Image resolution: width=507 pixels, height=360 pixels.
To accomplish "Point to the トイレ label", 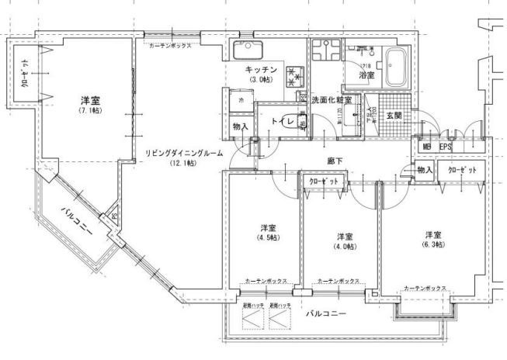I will point(280,121).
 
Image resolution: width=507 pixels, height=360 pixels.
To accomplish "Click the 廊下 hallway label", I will point(335,161).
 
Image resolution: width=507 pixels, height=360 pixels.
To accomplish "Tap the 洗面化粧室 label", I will point(332,101).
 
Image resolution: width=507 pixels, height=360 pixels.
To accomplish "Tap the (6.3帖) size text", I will point(433,246).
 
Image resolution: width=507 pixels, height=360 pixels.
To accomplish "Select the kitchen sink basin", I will point(248,53).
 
